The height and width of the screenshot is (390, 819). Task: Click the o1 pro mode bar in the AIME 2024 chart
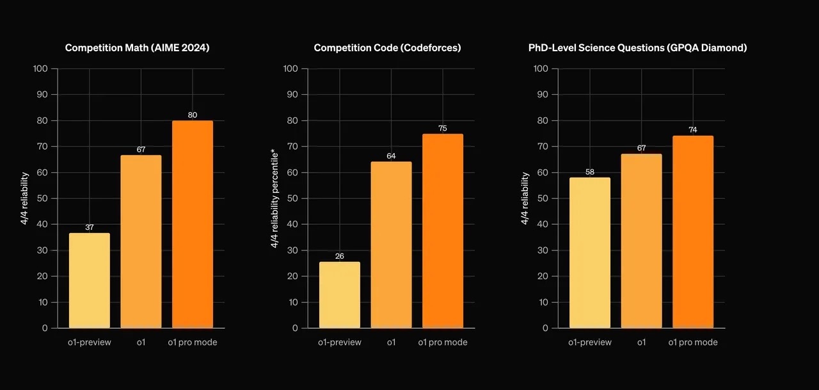[193, 224]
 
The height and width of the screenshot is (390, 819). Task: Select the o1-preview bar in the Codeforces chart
[339, 295]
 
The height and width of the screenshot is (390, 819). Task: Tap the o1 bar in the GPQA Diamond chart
[641, 241]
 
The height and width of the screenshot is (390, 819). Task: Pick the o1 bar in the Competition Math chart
[141, 241]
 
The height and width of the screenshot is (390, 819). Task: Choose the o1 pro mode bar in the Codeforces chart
[443, 231]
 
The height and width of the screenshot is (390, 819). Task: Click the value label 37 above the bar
[89, 228]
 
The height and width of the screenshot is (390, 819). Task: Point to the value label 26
[339, 257]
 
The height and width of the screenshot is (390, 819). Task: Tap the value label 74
[693, 130]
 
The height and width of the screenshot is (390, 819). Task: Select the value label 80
[193, 115]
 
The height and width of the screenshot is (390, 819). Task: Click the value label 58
[589, 172]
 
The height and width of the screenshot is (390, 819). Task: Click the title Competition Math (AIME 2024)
[138, 48]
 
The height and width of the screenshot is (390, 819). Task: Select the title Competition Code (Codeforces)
[387, 48]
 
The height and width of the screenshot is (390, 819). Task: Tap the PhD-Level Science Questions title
[637, 48]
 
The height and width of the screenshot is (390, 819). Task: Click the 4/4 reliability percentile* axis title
[274, 198]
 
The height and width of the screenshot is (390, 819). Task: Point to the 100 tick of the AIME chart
[40, 69]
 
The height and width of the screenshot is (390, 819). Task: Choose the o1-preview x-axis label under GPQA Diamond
[589, 343]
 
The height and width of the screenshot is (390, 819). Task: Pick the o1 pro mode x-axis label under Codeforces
[443, 343]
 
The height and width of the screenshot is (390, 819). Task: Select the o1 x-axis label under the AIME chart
[141, 343]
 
